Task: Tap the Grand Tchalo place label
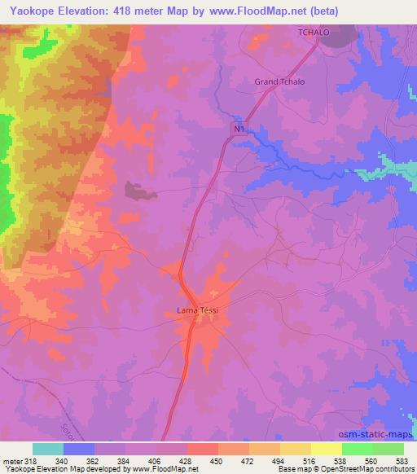click(279, 81)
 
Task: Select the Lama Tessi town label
click(198, 309)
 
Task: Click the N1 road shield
click(239, 129)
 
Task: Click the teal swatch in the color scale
click(48, 450)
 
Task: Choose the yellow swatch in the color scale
click(326, 450)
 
